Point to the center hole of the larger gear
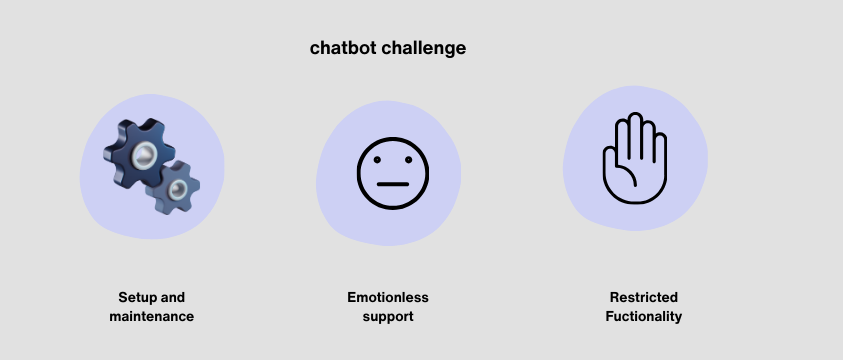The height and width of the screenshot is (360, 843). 143,152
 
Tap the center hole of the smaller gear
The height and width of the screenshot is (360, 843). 177,189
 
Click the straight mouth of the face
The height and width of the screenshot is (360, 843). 393,184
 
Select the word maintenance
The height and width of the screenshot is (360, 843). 151,316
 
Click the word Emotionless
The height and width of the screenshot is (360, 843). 387,298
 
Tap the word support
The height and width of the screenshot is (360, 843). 387,316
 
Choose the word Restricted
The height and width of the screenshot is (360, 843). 643,298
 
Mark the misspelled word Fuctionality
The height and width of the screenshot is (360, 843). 643,316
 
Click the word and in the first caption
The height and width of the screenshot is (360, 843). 173,298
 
